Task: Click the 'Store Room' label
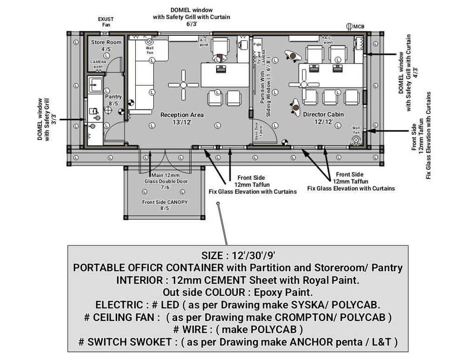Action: point(106,42)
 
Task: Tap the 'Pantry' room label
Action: point(113,97)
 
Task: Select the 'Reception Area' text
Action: point(182,115)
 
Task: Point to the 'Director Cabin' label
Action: point(323,115)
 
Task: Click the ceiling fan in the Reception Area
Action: point(184,85)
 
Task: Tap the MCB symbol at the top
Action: point(349,27)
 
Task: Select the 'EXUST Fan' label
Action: point(106,22)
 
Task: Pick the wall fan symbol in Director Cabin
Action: point(355,140)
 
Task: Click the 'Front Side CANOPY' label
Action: point(165,202)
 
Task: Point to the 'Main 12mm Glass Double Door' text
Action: point(166,181)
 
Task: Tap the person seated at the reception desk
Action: point(219,59)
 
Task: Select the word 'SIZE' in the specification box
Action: point(214,255)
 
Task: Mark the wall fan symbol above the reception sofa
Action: point(149,41)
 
